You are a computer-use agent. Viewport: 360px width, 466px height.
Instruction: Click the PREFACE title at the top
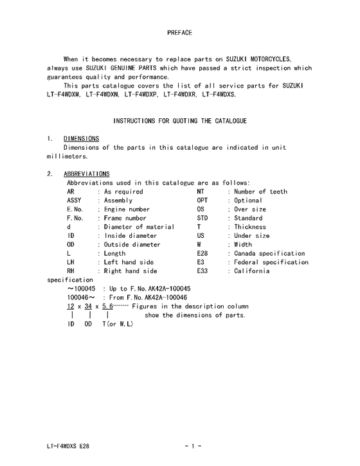(x=179, y=31)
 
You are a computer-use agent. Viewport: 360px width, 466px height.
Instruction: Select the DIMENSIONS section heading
(x=81, y=138)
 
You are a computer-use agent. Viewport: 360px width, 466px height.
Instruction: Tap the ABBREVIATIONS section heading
(x=86, y=174)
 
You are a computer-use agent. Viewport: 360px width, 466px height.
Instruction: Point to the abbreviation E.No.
(x=75, y=210)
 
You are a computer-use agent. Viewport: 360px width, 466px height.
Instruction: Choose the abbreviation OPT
(x=203, y=201)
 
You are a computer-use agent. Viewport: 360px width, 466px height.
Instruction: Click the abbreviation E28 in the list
(x=203, y=253)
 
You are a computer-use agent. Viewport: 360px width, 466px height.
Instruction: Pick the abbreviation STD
(x=203, y=219)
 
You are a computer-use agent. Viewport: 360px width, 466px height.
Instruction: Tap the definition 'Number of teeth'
(x=260, y=192)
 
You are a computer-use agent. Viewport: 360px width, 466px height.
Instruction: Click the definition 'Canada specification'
(x=269, y=253)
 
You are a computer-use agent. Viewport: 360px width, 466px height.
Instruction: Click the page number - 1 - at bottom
(x=193, y=445)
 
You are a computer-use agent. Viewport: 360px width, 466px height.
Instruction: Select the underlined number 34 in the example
(x=88, y=307)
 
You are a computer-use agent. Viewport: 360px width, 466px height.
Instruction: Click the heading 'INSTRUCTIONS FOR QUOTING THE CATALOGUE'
(x=179, y=121)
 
